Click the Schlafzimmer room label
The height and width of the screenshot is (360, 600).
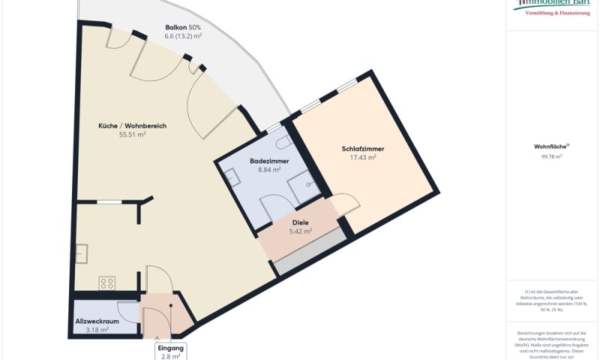pyautogui.click(x=362, y=148)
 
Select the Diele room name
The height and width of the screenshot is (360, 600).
pyautogui.click(x=300, y=223)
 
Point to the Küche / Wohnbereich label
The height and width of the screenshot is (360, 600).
pyautogui.click(x=132, y=125)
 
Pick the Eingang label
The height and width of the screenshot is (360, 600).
pyautogui.click(x=170, y=349)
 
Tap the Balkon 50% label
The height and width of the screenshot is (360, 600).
pyautogui.click(x=183, y=28)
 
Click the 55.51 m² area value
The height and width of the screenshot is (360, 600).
pyautogui.click(x=132, y=135)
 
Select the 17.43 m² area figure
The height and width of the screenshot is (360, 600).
pyautogui.click(x=362, y=157)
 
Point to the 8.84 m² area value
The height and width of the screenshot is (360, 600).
pyautogui.click(x=269, y=170)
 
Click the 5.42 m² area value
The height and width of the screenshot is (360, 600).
pyautogui.click(x=300, y=232)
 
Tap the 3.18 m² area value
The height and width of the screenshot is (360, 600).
pyautogui.click(x=97, y=329)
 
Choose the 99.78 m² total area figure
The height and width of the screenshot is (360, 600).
pyautogui.click(x=552, y=157)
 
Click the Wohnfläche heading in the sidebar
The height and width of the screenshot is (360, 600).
pyautogui.click(x=550, y=147)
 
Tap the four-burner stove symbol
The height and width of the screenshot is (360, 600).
pyautogui.click(x=106, y=283)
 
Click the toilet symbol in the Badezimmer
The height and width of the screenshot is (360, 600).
pyautogui.click(x=283, y=141)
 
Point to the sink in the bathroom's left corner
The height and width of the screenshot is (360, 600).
pyautogui.click(x=232, y=177)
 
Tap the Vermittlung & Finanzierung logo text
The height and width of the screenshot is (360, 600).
pyautogui.click(x=556, y=13)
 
